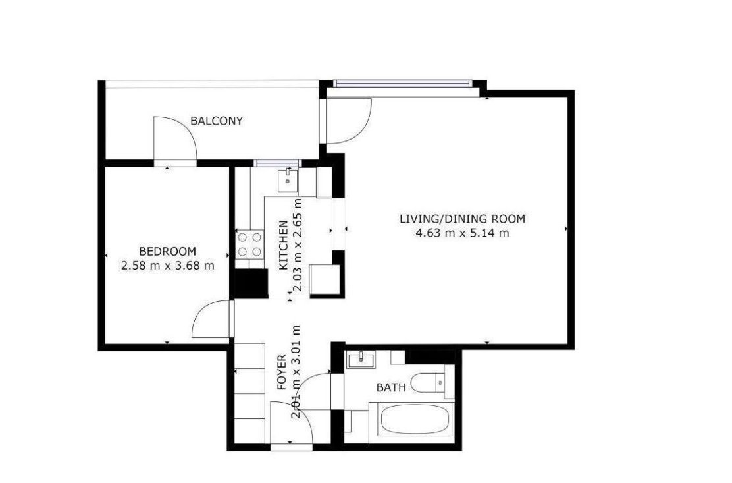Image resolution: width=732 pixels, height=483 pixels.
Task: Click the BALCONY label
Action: (x=216, y=121)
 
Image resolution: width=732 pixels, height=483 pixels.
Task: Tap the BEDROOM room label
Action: (x=168, y=251)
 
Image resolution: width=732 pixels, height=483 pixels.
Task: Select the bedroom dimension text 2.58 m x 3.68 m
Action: (x=168, y=266)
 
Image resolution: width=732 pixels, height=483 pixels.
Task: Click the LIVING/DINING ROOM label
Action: (x=462, y=219)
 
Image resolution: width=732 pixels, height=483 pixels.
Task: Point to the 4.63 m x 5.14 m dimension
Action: (x=462, y=233)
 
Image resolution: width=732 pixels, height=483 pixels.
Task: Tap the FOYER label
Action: (x=282, y=372)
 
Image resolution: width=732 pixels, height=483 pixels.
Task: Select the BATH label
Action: (x=391, y=387)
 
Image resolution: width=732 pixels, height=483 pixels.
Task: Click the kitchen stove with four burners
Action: (x=249, y=244)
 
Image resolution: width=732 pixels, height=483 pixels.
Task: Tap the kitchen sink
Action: (x=288, y=181)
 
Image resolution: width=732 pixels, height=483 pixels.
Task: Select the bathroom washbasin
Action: (x=360, y=360)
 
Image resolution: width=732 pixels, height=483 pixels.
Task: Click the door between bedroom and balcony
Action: (x=175, y=140)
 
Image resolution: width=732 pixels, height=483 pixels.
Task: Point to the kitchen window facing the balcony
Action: (x=277, y=163)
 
